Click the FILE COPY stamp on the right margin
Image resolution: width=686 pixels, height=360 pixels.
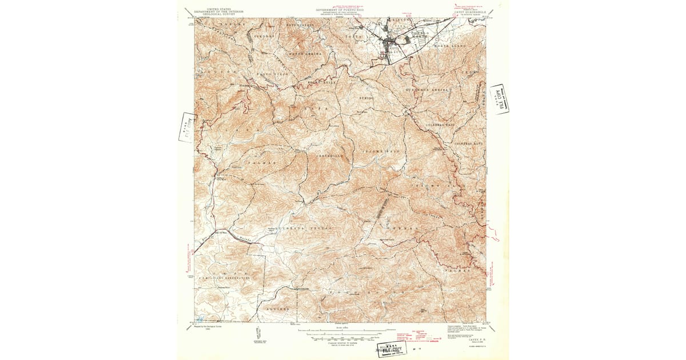pyautogui.click(x=499, y=99)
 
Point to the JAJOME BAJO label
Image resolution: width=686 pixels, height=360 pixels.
pyautogui.click(x=381, y=151)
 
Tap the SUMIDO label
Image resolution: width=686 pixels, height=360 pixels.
pyautogui.click(x=366, y=98)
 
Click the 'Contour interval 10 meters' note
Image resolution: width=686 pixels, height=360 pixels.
pyautogui.click(x=342, y=341)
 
